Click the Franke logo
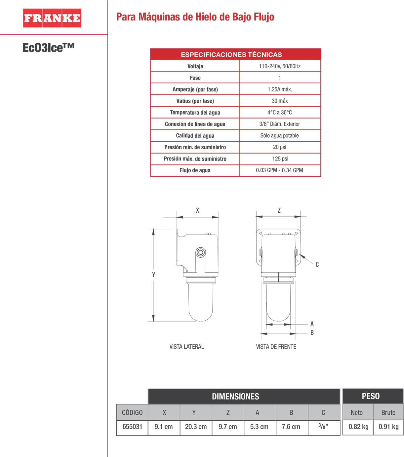click(52, 18)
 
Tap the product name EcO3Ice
click(48, 48)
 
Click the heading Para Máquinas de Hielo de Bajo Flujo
click(195, 17)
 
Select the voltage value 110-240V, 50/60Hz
click(280, 66)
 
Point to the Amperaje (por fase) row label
click(195, 89)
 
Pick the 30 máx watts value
click(280, 101)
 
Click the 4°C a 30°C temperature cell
click(280, 112)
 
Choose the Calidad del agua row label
click(195, 135)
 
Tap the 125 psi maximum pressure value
click(280, 158)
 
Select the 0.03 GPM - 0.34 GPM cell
click(279, 170)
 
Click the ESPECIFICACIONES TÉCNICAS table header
click(231, 54)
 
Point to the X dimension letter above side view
click(197, 210)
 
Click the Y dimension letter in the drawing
click(153, 275)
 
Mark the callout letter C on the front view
click(317, 264)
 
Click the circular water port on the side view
click(200, 253)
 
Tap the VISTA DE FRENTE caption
click(276, 347)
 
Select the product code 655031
click(132, 427)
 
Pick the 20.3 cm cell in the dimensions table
click(196, 427)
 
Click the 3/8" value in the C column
click(323, 426)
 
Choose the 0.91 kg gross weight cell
click(388, 427)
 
